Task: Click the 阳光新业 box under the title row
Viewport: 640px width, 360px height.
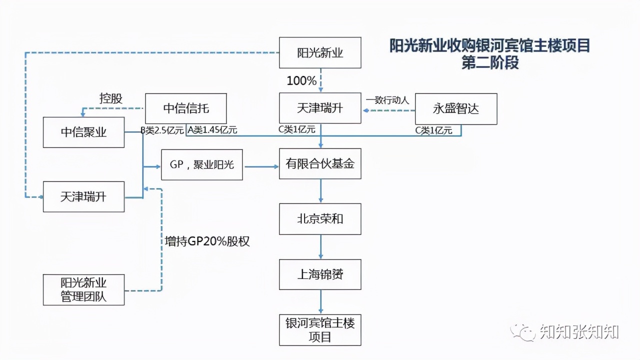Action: coord(320,52)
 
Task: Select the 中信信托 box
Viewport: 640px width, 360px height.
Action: coord(186,108)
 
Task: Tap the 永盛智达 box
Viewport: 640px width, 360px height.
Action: coord(456,108)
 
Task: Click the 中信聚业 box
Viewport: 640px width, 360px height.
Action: coord(83,132)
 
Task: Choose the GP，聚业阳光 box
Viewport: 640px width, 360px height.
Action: coord(201,164)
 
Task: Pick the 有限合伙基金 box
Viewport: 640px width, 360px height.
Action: coord(320,163)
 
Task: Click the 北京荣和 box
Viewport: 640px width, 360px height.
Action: coord(320,219)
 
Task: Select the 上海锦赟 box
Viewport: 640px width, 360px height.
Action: coord(320,274)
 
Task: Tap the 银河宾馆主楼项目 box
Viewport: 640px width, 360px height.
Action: coord(320,330)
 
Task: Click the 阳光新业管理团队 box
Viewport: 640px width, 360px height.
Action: coord(83,289)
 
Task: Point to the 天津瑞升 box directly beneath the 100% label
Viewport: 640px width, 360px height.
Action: coord(320,108)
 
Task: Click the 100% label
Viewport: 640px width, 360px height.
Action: coord(301,80)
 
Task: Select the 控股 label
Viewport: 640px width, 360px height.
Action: coord(110,98)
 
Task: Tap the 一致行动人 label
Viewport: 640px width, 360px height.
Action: coord(387,100)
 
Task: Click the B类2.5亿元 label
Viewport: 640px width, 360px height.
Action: coord(162,130)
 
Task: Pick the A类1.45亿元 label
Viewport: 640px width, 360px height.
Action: coord(212,130)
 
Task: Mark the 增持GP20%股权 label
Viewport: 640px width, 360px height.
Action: coord(207,241)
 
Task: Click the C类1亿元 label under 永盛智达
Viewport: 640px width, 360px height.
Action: coord(433,130)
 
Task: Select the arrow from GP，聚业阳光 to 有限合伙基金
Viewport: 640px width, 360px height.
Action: coord(260,165)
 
